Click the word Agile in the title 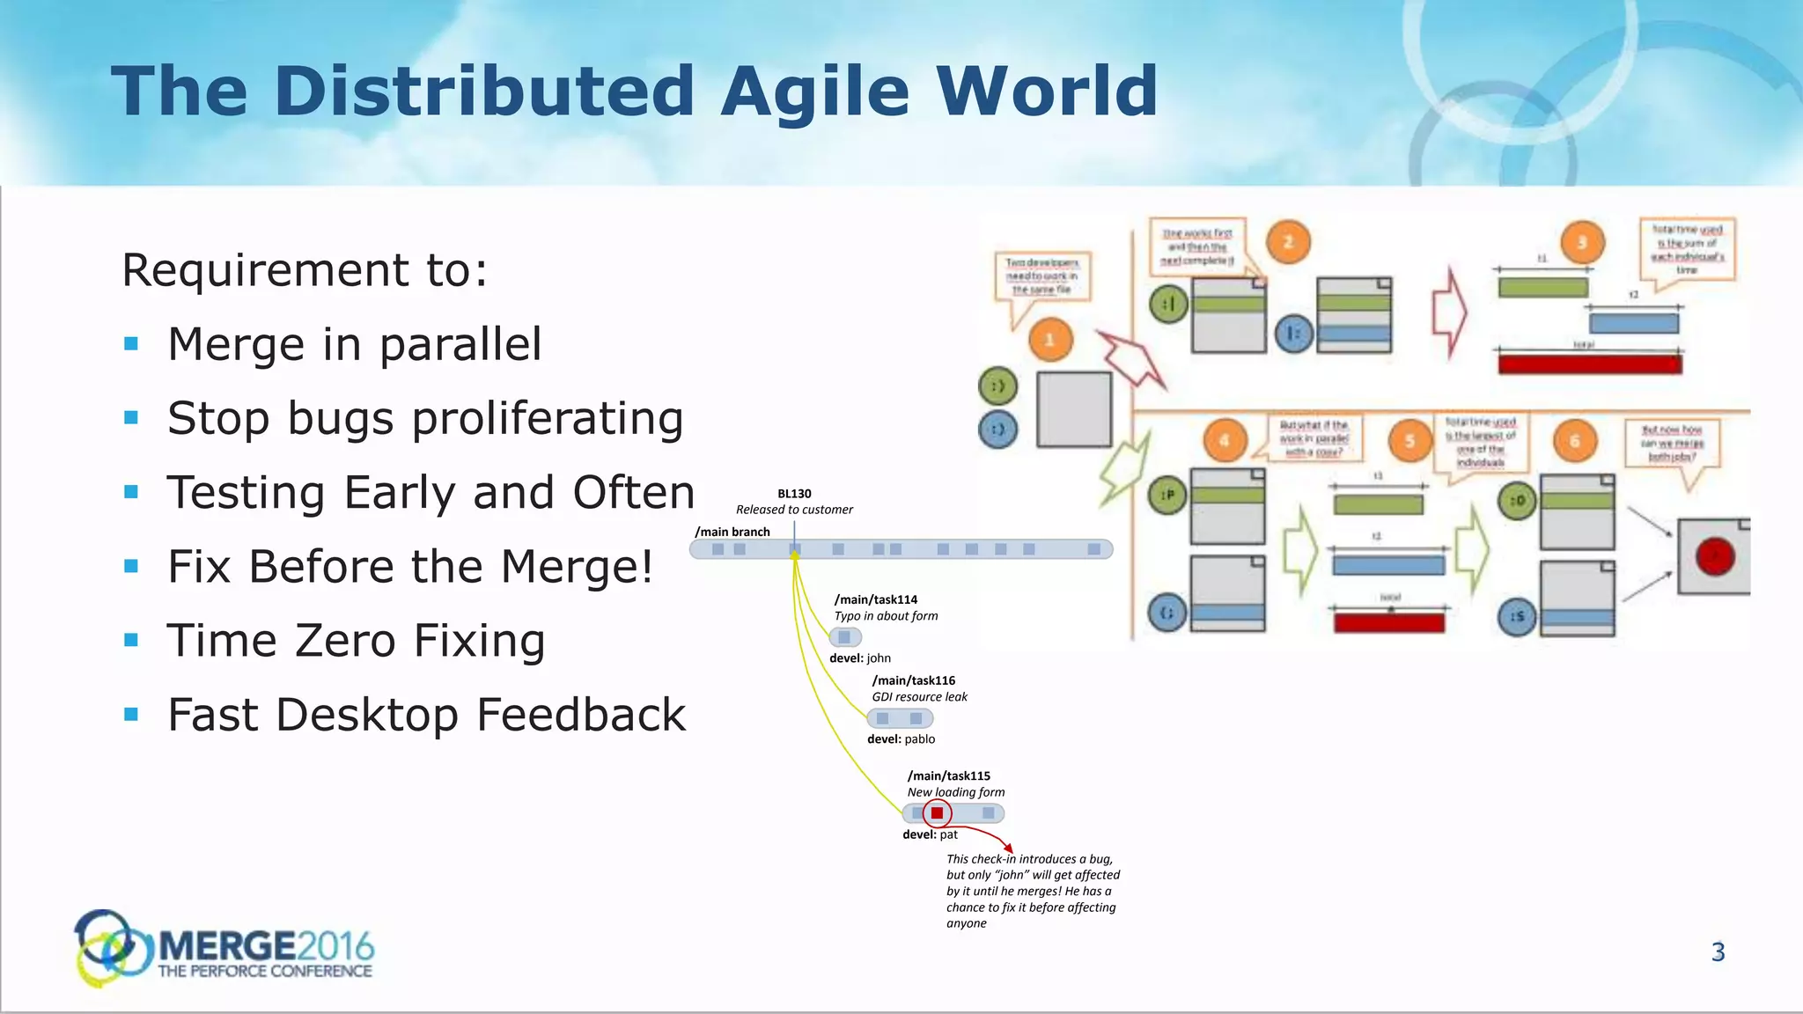815,92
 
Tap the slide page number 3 1718,952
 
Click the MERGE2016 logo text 265,947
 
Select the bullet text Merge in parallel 354,344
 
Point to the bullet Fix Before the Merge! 410,567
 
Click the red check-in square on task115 937,813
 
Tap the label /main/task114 876,599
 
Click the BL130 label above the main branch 794,494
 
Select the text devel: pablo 901,739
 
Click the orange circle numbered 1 1049,340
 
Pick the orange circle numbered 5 1409,441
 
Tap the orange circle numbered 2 1288,242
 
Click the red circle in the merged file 1714,556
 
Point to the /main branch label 732,532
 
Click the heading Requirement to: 305,270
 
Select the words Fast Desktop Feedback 426,715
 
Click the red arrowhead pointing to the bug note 1008,848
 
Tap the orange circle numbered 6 1575,441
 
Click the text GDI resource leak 919,697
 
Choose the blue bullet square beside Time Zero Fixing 132,640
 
